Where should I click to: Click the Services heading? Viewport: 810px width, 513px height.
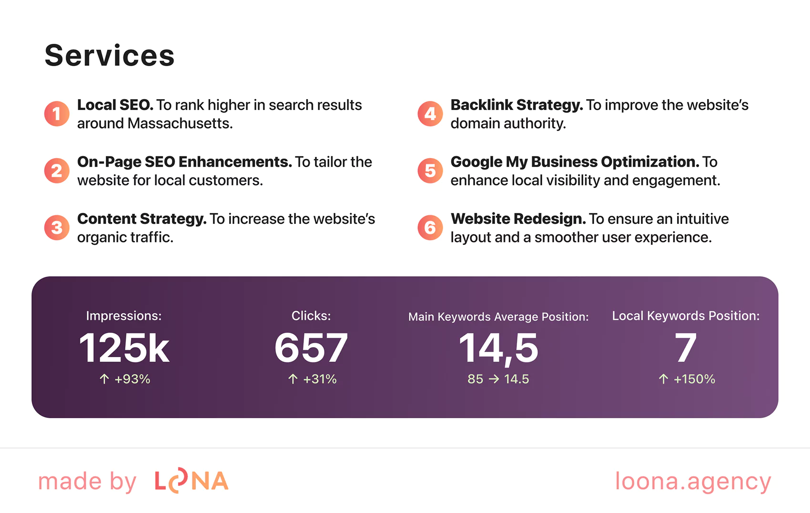[110, 55]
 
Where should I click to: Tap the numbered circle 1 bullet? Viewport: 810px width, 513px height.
[57, 114]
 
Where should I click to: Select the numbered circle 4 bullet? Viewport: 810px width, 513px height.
[430, 114]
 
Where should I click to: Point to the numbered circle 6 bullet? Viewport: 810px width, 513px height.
[430, 228]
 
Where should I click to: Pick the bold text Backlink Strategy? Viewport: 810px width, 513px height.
[516, 105]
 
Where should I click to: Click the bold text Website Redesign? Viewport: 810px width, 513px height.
[518, 219]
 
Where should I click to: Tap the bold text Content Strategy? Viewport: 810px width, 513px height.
[142, 219]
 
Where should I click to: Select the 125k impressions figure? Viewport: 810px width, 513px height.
[124, 348]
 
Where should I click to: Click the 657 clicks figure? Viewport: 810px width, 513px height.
[311, 348]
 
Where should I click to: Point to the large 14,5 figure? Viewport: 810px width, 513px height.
[498, 348]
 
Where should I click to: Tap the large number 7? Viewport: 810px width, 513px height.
[686, 348]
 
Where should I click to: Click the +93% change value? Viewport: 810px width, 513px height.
[132, 379]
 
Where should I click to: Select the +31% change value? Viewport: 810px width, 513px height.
[319, 379]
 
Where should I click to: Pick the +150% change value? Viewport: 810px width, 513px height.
[694, 379]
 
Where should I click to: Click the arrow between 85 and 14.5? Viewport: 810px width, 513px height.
[494, 379]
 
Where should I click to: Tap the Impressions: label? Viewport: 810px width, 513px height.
[124, 316]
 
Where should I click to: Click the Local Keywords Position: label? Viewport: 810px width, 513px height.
[686, 316]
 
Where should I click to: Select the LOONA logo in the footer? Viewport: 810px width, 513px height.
[192, 481]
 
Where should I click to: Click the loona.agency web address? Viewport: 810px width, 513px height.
[693, 481]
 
